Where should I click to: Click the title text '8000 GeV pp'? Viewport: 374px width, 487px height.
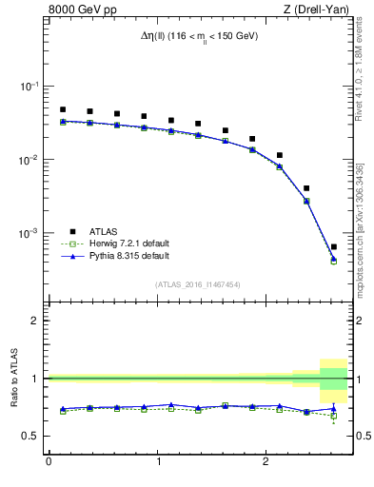[x=78, y=10]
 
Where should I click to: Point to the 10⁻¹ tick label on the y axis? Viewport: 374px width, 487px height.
[x=29, y=87]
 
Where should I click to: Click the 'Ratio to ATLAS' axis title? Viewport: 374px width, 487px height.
[x=14, y=378]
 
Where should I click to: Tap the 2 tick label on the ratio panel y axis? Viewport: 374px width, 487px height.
[x=35, y=321]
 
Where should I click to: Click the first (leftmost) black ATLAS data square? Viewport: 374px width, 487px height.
[x=63, y=109]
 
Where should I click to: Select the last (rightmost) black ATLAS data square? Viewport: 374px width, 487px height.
[x=334, y=246]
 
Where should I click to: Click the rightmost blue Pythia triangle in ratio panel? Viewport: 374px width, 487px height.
[x=334, y=408]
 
